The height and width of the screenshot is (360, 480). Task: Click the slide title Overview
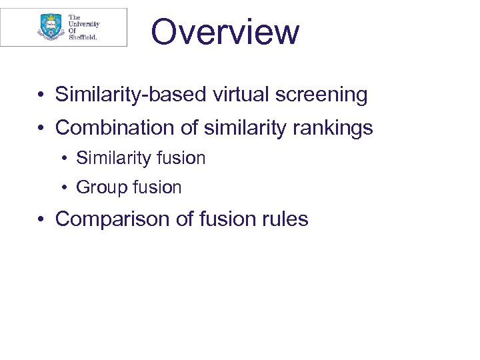click(x=225, y=31)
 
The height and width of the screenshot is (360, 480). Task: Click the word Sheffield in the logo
click(x=83, y=37)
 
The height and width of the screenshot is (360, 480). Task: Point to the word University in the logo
click(x=84, y=23)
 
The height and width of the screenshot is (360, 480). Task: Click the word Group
click(x=101, y=188)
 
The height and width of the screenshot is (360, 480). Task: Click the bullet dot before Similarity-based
click(x=41, y=95)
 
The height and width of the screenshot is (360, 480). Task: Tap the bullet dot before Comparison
click(x=41, y=219)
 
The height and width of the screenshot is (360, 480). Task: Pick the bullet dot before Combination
click(x=41, y=127)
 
